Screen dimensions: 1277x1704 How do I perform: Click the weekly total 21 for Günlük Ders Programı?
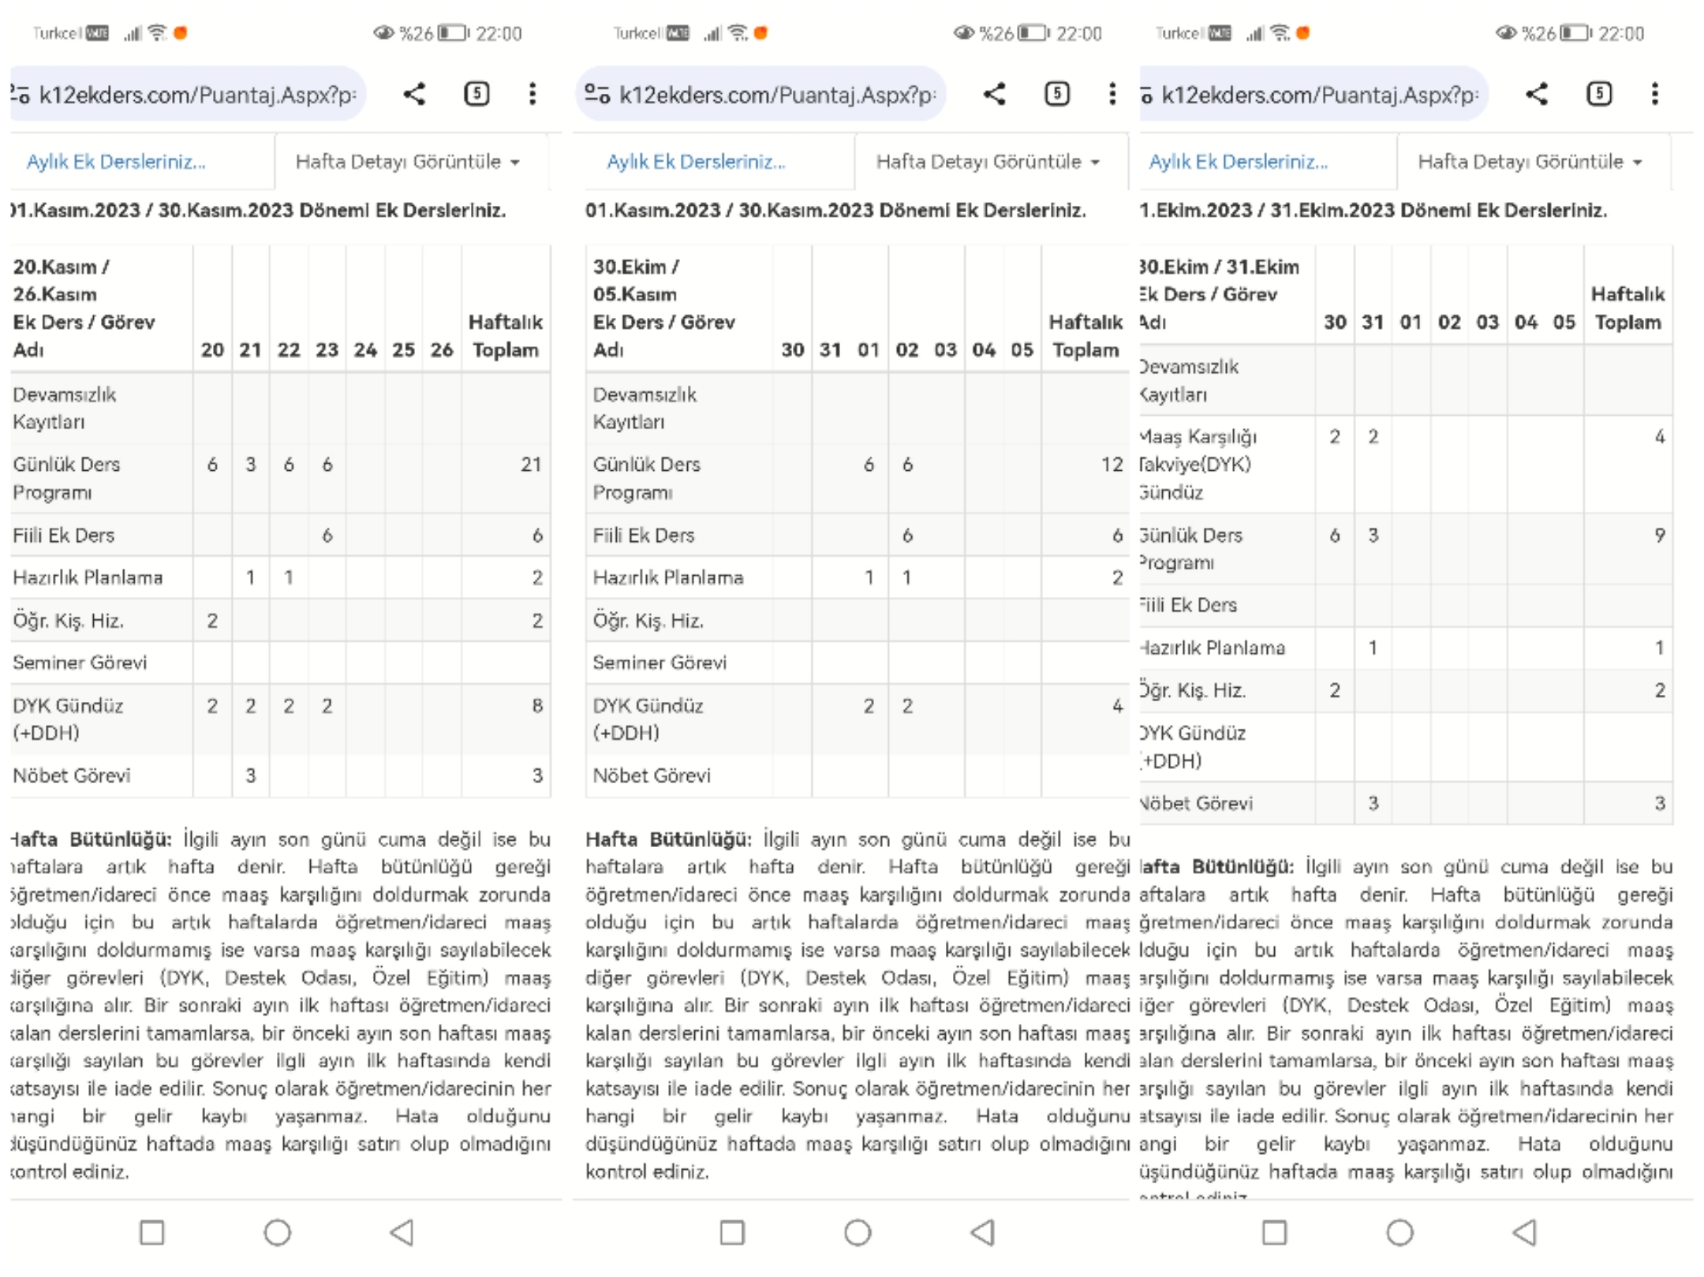[x=530, y=465]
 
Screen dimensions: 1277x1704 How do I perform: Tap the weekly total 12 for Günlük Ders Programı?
[x=1112, y=465]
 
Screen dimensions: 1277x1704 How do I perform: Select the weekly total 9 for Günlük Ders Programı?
[x=1659, y=536]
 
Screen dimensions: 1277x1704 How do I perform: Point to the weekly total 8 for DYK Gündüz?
[x=537, y=705]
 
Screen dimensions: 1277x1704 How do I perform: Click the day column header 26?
[x=442, y=349]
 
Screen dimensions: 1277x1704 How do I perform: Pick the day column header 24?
[x=365, y=349]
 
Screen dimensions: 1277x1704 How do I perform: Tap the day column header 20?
[x=212, y=349]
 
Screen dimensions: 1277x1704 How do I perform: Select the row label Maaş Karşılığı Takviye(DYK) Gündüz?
[x=1196, y=465]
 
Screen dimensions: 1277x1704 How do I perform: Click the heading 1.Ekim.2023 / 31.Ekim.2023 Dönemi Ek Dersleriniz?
[x=1373, y=211]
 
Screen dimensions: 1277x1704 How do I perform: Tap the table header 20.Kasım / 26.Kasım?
[x=62, y=280]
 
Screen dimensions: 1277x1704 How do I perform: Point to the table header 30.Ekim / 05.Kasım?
[x=635, y=280]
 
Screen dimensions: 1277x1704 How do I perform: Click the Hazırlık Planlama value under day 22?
[x=289, y=577]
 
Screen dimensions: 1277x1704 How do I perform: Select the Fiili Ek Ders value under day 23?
[x=327, y=536]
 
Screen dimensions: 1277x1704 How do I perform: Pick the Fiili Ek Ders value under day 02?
[x=907, y=536]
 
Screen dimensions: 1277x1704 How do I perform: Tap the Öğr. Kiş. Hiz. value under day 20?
[x=212, y=621]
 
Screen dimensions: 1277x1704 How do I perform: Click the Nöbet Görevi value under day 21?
[x=251, y=775]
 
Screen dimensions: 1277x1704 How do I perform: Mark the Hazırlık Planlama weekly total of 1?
[x=1659, y=648]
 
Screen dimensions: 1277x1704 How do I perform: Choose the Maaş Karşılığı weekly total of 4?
[x=1659, y=437]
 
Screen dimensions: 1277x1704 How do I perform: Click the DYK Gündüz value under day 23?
[x=327, y=705]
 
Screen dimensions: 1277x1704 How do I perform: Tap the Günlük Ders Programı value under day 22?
[x=289, y=465]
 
